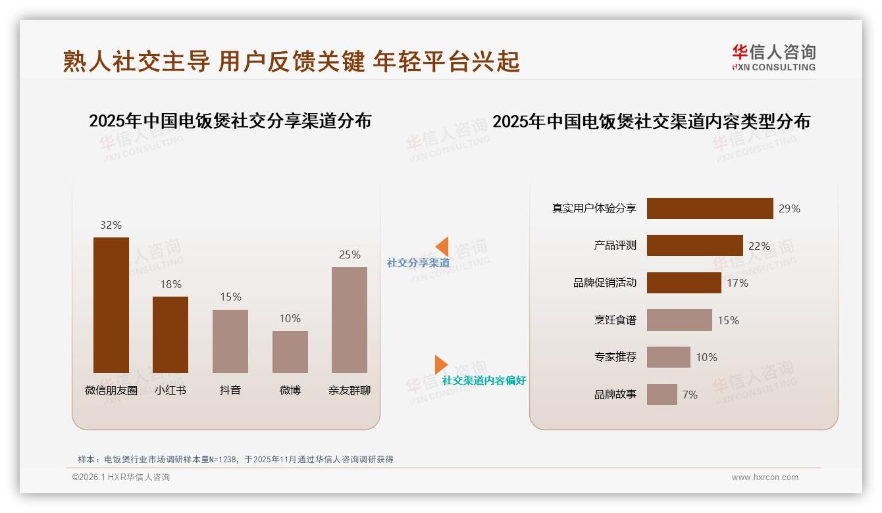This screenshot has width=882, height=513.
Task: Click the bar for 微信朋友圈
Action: (111, 305)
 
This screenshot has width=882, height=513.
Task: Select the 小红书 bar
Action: (170, 334)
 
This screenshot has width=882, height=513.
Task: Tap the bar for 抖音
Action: (230, 341)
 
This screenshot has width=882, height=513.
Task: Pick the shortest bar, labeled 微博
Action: (290, 351)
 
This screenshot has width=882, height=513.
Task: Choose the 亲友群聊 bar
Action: (350, 320)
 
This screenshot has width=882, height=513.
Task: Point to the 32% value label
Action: (111, 225)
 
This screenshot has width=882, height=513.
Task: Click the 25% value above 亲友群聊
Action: (350, 255)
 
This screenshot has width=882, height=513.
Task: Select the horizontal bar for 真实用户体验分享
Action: (710, 208)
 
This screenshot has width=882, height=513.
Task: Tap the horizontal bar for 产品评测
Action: (694, 245)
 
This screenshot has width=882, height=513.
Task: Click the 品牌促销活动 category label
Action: (605, 283)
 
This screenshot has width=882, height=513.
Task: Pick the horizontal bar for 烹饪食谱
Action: (679, 320)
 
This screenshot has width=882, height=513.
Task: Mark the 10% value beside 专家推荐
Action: (706, 357)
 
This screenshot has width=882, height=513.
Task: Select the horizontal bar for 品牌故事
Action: (661, 395)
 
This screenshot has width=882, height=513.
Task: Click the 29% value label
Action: (789, 208)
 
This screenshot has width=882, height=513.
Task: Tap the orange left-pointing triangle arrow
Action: (442, 247)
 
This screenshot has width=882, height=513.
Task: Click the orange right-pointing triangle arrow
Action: (440, 364)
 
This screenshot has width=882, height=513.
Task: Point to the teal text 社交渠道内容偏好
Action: (484, 380)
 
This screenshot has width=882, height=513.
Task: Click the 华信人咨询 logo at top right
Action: (773, 57)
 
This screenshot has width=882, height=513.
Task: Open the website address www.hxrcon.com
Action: (765, 477)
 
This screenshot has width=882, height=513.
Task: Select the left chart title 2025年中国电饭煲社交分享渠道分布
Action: (230, 121)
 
